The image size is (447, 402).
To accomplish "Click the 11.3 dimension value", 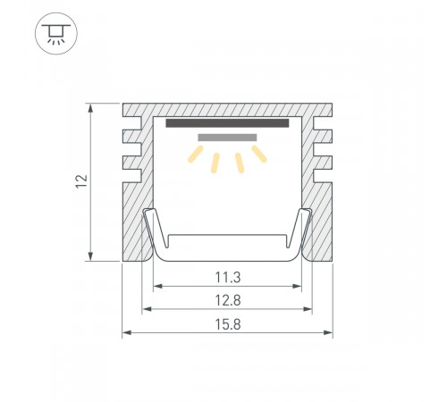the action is (x=228, y=277).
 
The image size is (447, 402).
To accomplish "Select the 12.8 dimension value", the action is (x=228, y=300).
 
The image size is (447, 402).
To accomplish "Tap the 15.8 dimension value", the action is (x=228, y=324).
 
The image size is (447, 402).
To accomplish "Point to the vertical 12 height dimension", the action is (x=81, y=181).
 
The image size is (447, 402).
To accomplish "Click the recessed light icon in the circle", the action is (x=56, y=34).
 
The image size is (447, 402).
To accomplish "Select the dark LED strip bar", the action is (x=227, y=123).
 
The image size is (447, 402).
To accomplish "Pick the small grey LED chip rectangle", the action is (x=227, y=138).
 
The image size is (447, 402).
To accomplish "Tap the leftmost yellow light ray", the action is (x=196, y=155).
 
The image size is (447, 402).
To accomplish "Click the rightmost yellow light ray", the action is (x=259, y=155).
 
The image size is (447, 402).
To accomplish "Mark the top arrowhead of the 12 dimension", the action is (x=90, y=108).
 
